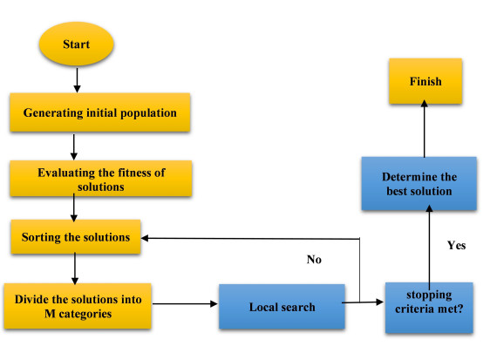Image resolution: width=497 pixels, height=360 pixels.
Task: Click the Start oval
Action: [76, 44]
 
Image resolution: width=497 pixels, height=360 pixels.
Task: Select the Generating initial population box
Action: [75, 113]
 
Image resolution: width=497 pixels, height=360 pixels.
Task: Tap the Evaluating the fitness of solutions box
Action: [76, 179]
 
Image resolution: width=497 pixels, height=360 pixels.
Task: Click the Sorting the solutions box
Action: [75, 237]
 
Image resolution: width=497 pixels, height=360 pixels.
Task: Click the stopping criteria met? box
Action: [428, 308]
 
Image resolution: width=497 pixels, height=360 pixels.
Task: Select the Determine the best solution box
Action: [419, 184]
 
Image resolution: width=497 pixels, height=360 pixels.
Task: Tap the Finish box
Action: [425, 83]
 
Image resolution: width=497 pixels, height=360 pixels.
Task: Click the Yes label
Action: [455, 245]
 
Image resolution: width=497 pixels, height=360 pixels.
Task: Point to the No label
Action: [315, 259]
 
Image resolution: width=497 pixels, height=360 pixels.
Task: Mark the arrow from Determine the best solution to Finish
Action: [425, 128]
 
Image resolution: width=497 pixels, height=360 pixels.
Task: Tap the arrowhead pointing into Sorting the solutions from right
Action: [147, 237]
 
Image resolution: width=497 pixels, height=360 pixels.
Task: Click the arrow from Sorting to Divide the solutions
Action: [76, 268]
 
